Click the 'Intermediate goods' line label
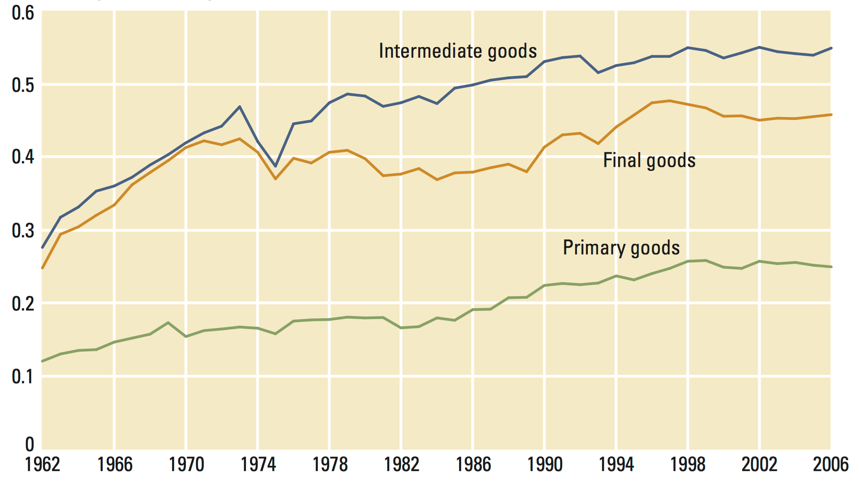(458, 51)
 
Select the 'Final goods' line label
(649, 161)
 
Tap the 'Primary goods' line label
(621, 248)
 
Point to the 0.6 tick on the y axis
(23, 13)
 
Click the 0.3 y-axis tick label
(23, 231)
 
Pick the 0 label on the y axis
(30, 445)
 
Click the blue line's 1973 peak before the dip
(240, 107)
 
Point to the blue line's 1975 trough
(276, 166)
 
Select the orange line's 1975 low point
(276, 179)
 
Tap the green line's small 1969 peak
(168, 323)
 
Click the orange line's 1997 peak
(670, 101)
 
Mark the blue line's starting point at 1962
(43, 247)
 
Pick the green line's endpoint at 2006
(831, 267)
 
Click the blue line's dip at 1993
(598, 73)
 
